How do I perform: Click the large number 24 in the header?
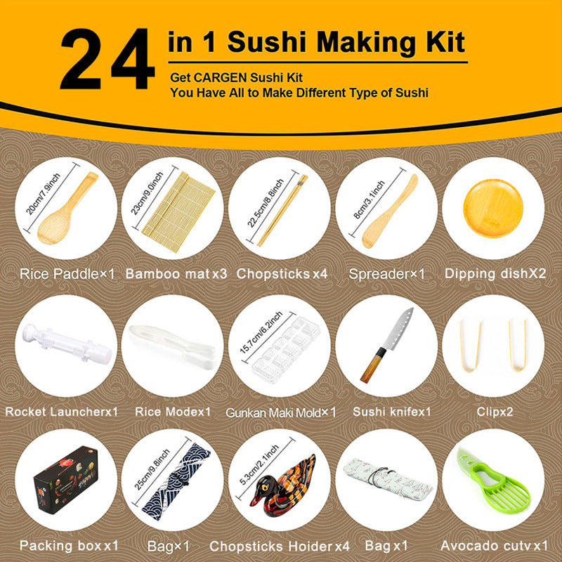tap(107, 62)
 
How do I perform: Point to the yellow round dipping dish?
tap(495, 204)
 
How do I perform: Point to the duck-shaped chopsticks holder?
tap(285, 488)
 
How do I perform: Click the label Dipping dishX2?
tap(495, 273)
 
